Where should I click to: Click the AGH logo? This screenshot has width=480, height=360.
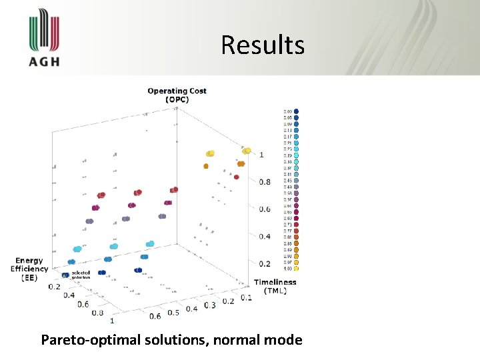pos(43,41)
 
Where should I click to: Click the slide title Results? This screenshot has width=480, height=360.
pos(263,45)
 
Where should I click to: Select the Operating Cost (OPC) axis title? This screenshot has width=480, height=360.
pos(177,95)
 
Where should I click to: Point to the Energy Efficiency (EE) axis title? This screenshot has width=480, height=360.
pos(29,269)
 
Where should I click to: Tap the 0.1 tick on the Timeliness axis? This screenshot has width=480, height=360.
pos(246,297)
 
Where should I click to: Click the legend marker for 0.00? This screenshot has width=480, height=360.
pos(296,111)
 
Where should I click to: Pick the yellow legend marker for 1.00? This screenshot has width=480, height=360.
pos(296,269)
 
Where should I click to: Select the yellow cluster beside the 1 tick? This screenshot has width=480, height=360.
pos(247,151)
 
